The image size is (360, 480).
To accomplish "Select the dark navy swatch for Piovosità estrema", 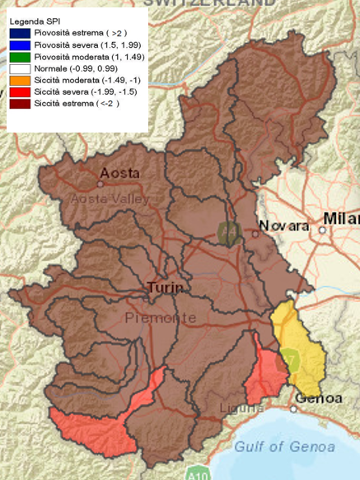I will pos(21,32).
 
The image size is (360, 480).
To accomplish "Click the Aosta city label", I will pos(119,174).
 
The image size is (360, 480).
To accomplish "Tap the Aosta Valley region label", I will pos(110,199).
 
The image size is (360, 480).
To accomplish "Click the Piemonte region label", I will pos(161,317).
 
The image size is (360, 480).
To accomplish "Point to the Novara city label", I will pos(283,226).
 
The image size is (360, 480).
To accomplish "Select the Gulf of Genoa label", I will pos(284,446).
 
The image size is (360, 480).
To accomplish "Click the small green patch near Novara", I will pos(227,233).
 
